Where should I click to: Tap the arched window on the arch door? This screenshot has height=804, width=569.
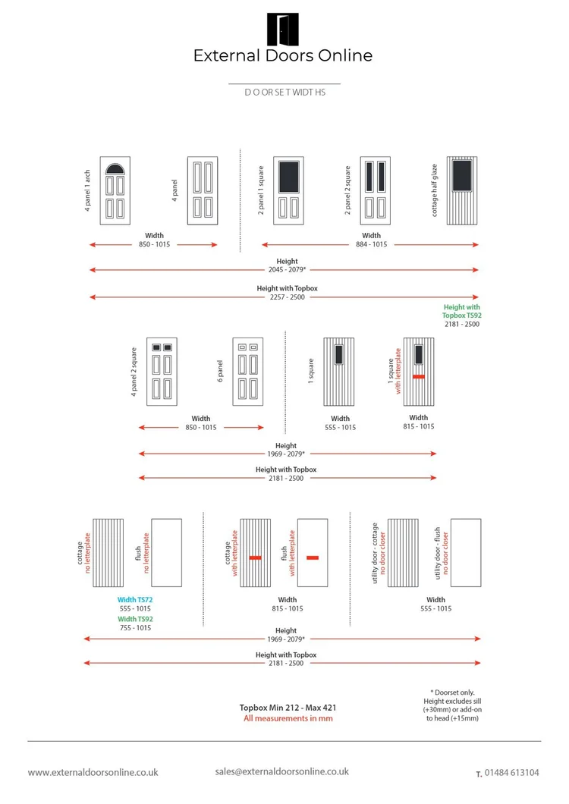(x=115, y=169)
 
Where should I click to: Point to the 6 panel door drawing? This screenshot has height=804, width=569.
(x=247, y=369)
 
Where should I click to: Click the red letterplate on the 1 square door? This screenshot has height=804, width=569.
(x=418, y=377)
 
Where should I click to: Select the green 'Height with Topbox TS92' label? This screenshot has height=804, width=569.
(x=461, y=311)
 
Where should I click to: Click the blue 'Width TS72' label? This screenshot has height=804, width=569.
(x=135, y=599)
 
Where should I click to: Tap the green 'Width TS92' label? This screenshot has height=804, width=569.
(x=135, y=618)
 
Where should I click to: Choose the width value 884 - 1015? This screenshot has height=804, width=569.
(x=371, y=245)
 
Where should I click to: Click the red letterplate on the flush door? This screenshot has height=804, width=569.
(x=312, y=557)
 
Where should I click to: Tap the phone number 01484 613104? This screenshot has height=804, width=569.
(x=513, y=773)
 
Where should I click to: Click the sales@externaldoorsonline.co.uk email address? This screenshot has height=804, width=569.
(x=281, y=771)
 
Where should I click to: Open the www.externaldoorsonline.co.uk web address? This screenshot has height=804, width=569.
(x=93, y=772)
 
